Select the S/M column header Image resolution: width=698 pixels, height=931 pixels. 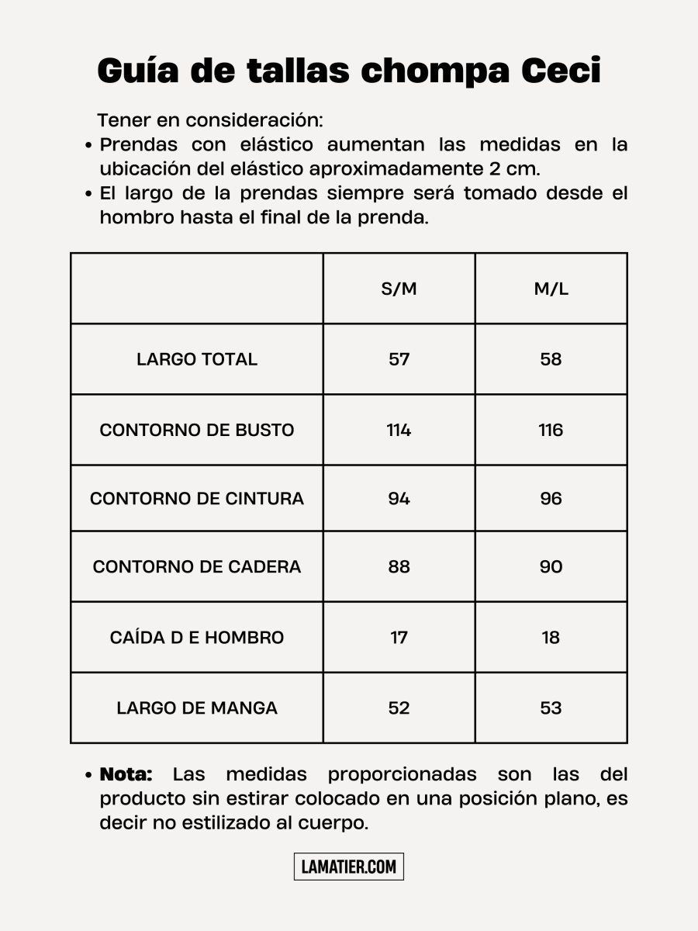(399, 289)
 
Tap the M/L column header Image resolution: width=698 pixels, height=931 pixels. (551, 289)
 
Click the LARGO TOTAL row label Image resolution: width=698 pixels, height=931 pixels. (197, 359)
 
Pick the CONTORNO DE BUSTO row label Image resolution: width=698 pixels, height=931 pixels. (197, 430)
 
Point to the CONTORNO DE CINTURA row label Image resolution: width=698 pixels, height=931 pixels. (197, 498)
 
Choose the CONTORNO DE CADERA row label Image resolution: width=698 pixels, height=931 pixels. (197, 566)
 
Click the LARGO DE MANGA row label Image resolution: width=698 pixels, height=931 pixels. (197, 708)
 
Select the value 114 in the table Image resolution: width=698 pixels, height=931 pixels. (399, 430)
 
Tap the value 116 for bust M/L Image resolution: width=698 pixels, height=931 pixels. (551, 430)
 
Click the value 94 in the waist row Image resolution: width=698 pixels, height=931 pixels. (399, 498)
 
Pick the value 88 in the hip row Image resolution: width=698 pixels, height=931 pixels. (399, 566)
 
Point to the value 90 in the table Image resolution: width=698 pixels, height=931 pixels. (551, 566)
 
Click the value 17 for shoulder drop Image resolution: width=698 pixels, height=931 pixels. (399, 637)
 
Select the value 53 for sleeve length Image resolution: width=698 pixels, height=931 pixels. (551, 708)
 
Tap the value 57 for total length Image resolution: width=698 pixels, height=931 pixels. (399, 359)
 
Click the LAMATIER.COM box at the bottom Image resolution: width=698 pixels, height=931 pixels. (349, 867)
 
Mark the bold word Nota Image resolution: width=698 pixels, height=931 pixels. (126, 774)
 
